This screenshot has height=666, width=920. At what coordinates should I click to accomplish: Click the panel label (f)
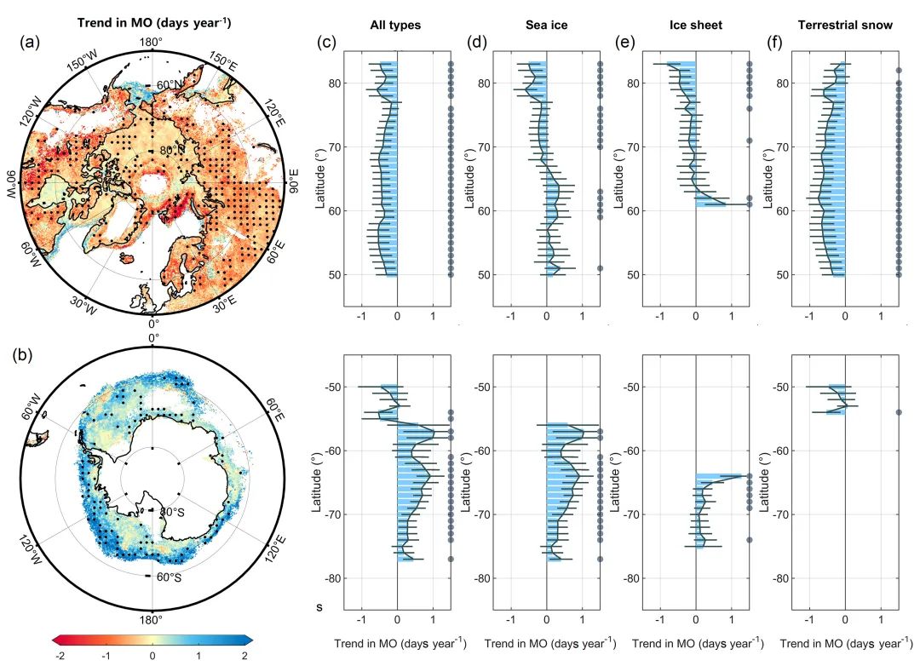click(x=775, y=41)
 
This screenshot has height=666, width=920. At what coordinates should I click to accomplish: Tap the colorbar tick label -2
click(x=58, y=655)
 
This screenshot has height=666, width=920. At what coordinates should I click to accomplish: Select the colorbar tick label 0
click(x=152, y=655)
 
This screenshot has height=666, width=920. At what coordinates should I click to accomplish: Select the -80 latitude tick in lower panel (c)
click(x=329, y=578)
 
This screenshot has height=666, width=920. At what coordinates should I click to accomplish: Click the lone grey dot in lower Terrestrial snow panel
click(x=899, y=412)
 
